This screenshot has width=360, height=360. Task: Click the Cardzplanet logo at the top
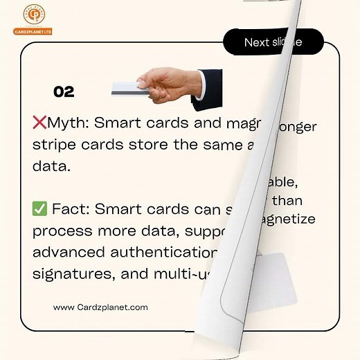[x=32, y=19]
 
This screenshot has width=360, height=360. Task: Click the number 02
[x=64, y=92]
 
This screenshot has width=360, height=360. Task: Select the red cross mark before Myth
[x=39, y=124]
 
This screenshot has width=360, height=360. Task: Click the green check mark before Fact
[x=39, y=208]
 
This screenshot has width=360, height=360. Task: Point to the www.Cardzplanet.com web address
[x=100, y=307]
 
